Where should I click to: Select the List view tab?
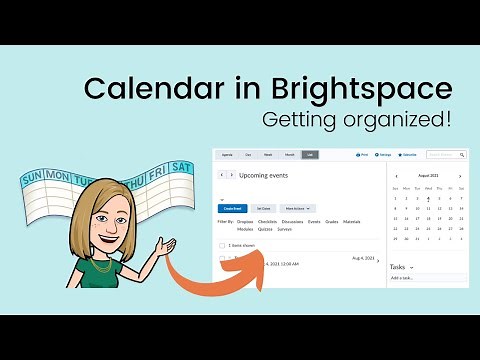point(310,156)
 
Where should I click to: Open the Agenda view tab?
point(229,156)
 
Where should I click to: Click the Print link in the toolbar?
point(363,155)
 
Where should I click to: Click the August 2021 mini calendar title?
point(428,174)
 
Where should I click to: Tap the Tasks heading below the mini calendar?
point(398,267)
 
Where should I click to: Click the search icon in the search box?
point(461,155)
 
